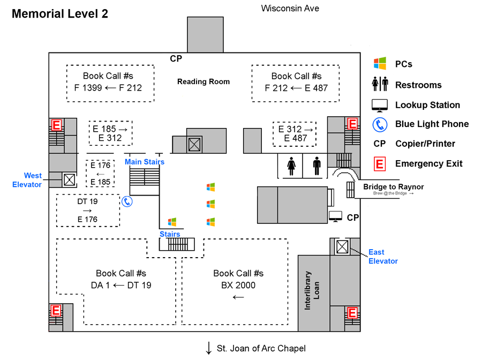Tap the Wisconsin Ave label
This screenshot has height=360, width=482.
tap(290, 8)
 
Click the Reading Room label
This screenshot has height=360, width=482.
tap(204, 82)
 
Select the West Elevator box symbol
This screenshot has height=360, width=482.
tap(69, 179)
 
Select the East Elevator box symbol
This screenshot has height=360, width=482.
tap(342, 247)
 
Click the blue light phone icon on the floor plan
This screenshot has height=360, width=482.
tap(127, 201)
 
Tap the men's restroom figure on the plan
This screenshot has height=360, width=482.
tap(317, 166)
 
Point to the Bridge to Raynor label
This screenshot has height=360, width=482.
tap(393, 186)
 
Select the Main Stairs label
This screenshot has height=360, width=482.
tap(145, 162)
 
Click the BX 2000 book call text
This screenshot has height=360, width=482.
tap(238, 285)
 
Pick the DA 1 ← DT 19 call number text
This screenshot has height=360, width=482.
tap(121, 285)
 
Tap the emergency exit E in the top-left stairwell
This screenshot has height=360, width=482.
tap(56, 125)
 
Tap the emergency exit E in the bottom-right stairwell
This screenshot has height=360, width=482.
tap(352, 312)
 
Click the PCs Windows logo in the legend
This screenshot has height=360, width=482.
tap(380, 64)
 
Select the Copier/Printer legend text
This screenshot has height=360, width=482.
tap(425, 144)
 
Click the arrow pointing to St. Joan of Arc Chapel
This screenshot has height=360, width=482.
tap(208, 348)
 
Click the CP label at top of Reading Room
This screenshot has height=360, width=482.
tap(176, 58)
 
